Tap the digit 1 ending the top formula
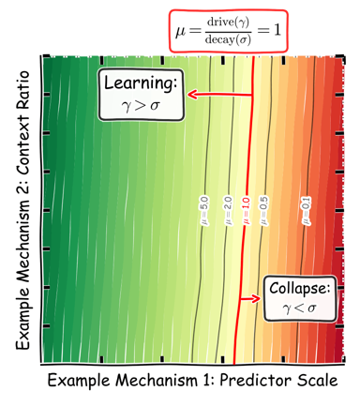277,30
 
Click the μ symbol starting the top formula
181,31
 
